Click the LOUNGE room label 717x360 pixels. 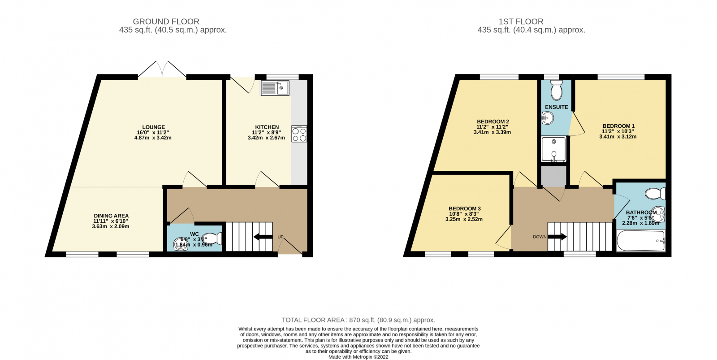click(x=153, y=127)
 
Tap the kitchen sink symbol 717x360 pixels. click(x=275, y=88)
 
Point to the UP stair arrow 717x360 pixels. click(x=263, y=237)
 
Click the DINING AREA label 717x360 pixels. click(x=111, y=216)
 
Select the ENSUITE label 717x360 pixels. click(x=556, y=107)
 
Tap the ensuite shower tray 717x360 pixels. click(x=553, y=149)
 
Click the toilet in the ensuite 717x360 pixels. click(x=556, y=91)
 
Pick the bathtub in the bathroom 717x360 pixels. click(x=640, y=241)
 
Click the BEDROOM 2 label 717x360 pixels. click(x=492, y=121)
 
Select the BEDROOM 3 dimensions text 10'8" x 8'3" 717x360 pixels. click(x=464, y=214)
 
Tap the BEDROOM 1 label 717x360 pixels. click(x=618, y=126)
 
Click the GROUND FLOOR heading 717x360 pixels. click(x=166, y=22)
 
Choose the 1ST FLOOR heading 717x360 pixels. click(x=520, y=22)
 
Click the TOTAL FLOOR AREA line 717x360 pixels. click(x=358, y=320)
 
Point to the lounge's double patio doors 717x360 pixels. click(x=162, y=70)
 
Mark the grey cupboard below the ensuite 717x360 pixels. click(x=553, y=176)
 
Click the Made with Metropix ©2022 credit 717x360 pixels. click(x=358, y=357)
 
